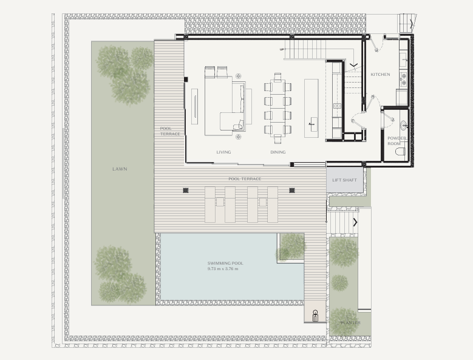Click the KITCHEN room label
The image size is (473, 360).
[x=380, y=74]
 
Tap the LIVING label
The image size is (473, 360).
[x=223, y=152]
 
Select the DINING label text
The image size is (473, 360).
[x=278, y=152]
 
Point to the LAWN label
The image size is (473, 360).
[x=120, y=169]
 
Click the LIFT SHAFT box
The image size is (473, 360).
[x=344, y=180]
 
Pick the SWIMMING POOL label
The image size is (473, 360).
[x=225, y=263]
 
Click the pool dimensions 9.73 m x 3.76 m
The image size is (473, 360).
[x=223, y=269]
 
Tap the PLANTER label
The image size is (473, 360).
[x=350, y=322]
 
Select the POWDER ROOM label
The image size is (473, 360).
[x=396, y=141]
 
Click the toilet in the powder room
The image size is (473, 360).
[x=400, y=151]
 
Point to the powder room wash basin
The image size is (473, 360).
[x=403, y=125]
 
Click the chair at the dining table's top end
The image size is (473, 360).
[x=277, y=76]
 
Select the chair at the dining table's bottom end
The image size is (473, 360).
[x=277, y=139]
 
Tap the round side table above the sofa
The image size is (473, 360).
[x=238, y=76]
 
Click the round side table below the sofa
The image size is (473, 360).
[x=238, y=137]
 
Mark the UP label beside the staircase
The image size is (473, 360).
[x=282, y=49]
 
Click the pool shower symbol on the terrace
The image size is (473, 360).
[x=315, y=316]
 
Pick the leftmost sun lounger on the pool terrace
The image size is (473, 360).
[x=210, y=205]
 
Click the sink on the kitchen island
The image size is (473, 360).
[x=311, y=124]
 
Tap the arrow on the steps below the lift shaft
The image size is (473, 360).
[x=355, y=223]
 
